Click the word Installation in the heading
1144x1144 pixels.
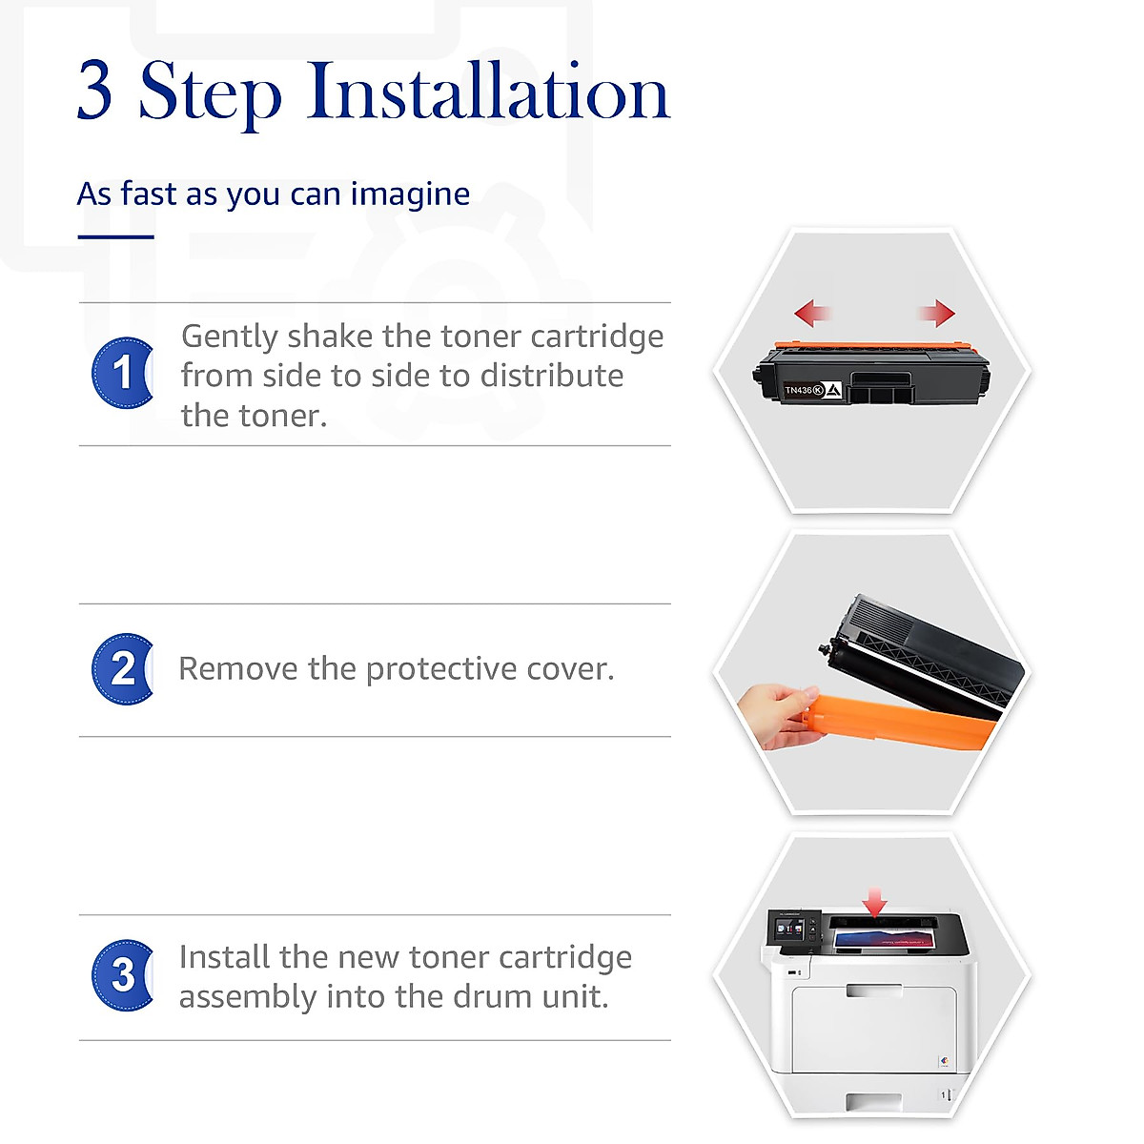point(488,92)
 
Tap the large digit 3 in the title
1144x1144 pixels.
point(95,91)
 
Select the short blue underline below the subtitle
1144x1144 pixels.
point(115,236)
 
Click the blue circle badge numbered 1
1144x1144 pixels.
point(122,373)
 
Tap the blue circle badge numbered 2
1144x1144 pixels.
point(122,669)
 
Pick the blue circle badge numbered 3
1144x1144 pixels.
point(122,975)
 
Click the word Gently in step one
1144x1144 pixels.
point(230,337)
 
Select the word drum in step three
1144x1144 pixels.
point(494,997)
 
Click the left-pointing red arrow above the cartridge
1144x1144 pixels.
point(812,312)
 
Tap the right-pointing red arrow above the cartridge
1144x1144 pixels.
point(938,312)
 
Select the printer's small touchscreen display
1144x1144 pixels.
point(790,929)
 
